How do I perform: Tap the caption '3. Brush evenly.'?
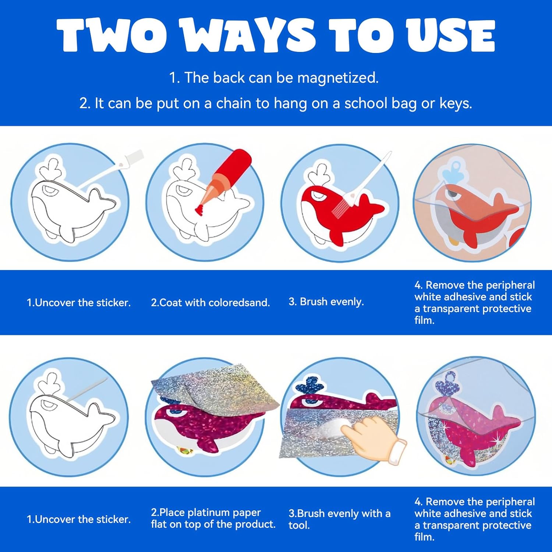(326, 302)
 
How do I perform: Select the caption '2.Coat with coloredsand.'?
(210, 302)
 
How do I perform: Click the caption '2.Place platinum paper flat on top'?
(213, 518)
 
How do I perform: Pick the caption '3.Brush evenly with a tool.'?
(339, 519)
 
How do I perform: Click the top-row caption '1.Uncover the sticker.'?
(79, 302)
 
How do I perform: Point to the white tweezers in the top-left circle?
(110, 170)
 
